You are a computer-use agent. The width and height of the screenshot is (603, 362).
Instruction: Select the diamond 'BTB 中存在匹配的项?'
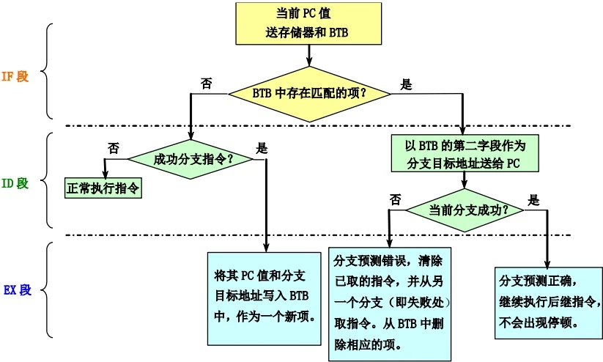pyautogui.click(x=309, y=94)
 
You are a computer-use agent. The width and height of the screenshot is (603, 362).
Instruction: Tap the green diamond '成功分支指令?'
pyautogui.click(x=193, y=158)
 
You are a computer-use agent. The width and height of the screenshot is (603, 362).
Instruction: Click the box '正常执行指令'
pyautogui.click(x=103, y=188)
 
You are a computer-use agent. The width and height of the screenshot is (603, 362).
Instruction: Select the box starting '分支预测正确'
pyautogui.click(x=549, y=301)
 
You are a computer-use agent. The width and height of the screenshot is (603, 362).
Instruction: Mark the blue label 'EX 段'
pyautogui.click(x=18, y=289)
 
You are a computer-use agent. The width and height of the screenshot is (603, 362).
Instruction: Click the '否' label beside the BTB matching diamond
pyautogui.click(x=206, y=84)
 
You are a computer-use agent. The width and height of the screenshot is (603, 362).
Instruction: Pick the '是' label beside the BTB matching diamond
pyautogui.click(x=407, y=84)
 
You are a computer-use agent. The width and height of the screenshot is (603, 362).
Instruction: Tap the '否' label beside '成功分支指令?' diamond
pyautogui.click(x=114, y=147)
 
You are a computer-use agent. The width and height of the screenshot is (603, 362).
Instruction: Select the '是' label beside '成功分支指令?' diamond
pyautogui.click(x=262, y=147)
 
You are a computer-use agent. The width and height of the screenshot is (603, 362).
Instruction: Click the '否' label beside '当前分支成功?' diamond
pyautogui.click(x=396, y=199)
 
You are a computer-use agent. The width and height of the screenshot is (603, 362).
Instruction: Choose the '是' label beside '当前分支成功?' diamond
pyautogui.click(x=533, y=199)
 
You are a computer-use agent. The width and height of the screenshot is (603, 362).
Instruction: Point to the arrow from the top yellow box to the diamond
pyautogui.click(x=308, y=56)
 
